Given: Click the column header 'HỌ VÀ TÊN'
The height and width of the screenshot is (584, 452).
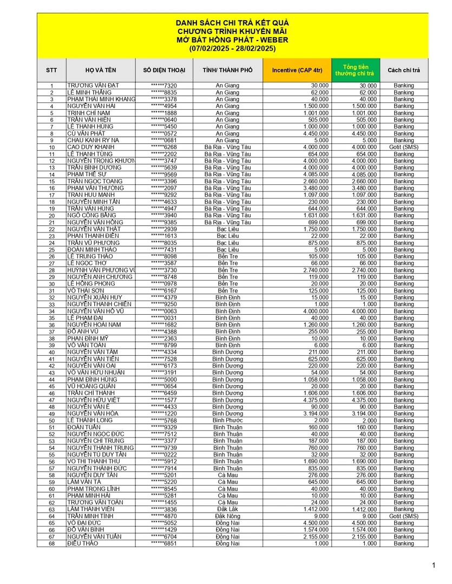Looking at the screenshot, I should point(101,70).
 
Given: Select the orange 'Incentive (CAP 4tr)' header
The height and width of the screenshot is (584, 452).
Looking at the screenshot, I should point(297,70).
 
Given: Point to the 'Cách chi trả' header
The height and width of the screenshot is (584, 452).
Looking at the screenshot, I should point(403,70).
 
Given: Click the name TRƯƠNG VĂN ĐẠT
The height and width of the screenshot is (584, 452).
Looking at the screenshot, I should point(93,85).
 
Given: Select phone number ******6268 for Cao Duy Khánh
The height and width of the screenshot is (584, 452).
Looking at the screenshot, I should point(164,147).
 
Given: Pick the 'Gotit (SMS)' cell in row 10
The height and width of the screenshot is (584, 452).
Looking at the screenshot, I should point(403,147).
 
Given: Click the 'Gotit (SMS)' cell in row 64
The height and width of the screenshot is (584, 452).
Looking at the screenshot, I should point(403,516).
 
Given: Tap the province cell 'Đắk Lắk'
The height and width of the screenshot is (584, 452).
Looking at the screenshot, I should point(228,509).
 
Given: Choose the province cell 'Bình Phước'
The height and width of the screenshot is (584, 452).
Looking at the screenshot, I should point(228,420).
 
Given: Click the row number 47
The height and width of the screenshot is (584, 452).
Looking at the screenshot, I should point(52,400).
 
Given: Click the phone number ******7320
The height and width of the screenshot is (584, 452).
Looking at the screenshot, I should point(164,85).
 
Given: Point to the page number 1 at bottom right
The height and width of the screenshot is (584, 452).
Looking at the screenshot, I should point(434,566).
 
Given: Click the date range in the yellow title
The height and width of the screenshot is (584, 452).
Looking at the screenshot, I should point(232,49).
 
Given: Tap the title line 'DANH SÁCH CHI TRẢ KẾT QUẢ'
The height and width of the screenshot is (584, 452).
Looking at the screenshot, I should point(232,23).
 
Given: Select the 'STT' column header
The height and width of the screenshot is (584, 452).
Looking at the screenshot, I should point(52,70).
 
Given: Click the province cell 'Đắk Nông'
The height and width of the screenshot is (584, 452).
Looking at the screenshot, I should point(228,516).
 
